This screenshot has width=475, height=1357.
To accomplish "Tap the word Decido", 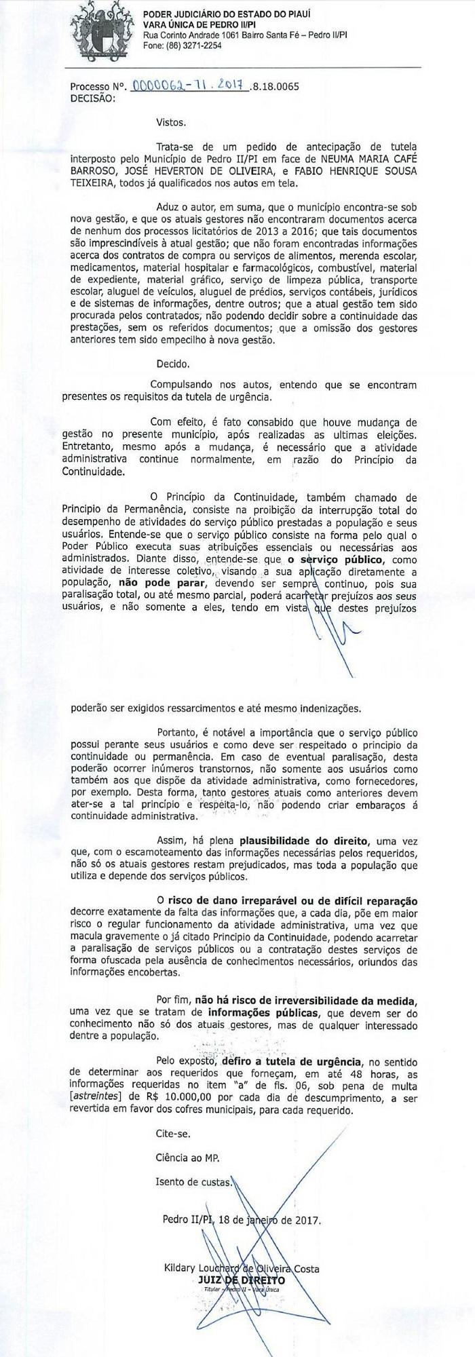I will tap(172, 363).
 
